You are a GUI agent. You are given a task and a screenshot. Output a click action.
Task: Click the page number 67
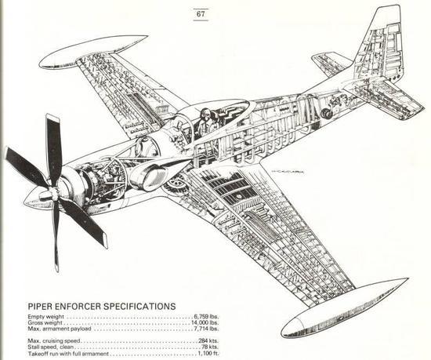[201, 14]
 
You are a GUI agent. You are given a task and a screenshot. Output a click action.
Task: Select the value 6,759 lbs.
[206, 317]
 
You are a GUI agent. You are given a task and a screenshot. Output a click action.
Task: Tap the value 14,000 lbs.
[205, 322]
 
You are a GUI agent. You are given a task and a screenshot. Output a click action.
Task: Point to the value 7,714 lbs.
[206, 329]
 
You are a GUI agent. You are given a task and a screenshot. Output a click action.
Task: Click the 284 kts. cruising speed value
[208, 341]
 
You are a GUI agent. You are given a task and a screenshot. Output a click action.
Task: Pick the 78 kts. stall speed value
[210, 347]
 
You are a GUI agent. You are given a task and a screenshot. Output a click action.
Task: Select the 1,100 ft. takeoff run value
[208, 354]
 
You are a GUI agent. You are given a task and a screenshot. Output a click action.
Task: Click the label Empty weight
[45, 317]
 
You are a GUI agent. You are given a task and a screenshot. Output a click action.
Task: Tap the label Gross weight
[45, 323]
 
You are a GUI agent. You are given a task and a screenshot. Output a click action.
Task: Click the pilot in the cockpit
[205, 121]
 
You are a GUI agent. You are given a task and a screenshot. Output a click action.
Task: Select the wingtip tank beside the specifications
[343, 309]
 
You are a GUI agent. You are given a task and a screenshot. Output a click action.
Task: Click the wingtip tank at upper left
[93, 52]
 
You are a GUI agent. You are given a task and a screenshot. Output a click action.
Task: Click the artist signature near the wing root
[288, 172]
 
